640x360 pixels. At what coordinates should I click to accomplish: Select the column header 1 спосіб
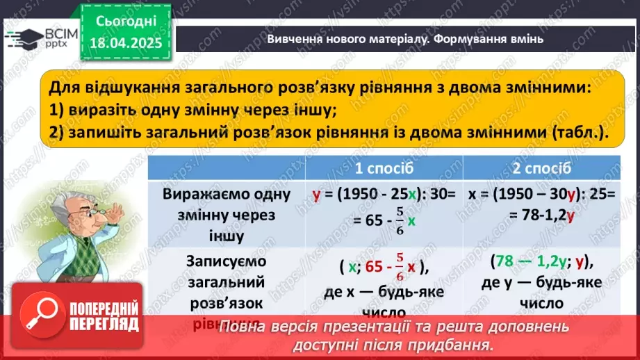384,169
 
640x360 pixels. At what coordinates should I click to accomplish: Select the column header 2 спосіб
542,169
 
